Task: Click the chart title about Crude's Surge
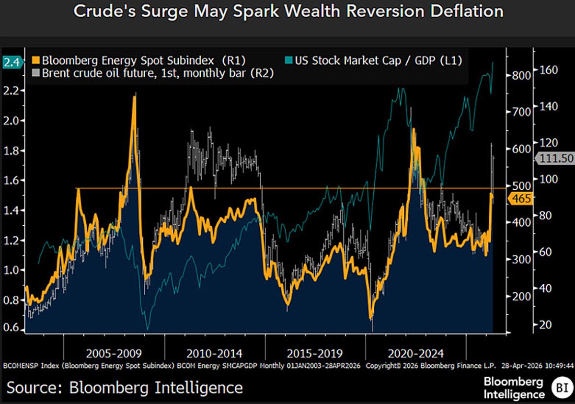(287, 12)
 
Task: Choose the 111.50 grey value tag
(556, 159)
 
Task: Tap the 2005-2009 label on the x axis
(114, 354)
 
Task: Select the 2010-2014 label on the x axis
(215, 354)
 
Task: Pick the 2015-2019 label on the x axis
(315, 354)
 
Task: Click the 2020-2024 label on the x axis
(415, 354)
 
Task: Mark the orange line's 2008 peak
(135, 97)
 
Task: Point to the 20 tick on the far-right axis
(546, 325)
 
